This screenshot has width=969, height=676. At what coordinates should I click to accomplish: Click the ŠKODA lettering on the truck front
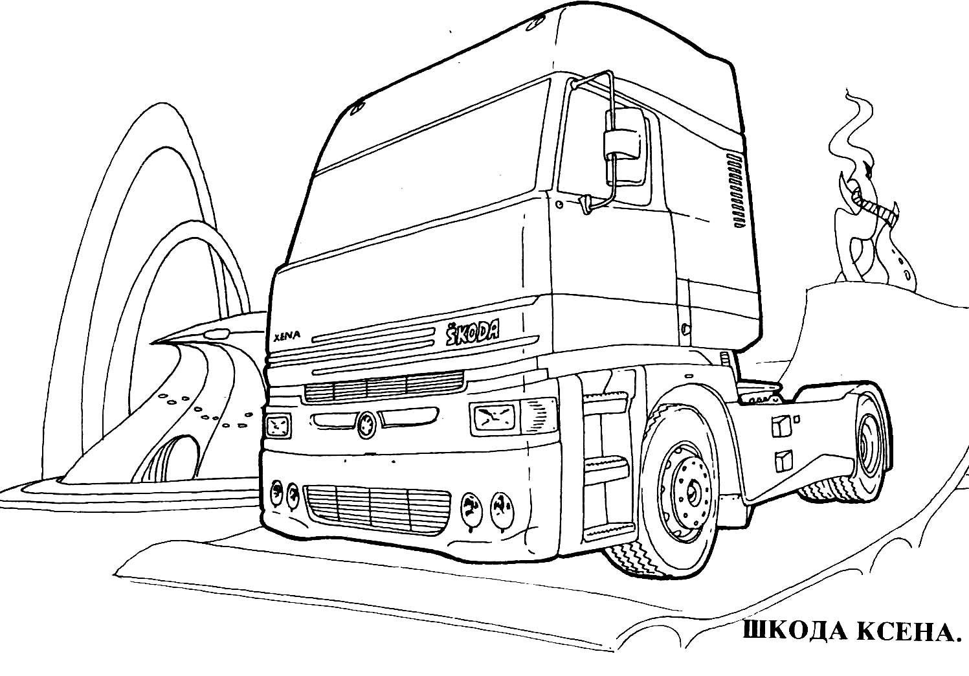point(473,332)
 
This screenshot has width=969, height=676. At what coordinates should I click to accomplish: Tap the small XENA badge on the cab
point(287,336)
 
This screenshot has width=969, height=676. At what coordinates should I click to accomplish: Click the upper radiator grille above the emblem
point(383,385)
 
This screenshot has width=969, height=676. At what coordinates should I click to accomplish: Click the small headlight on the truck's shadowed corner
point(278,425)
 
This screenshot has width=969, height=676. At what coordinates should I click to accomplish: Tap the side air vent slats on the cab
point(739,190)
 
